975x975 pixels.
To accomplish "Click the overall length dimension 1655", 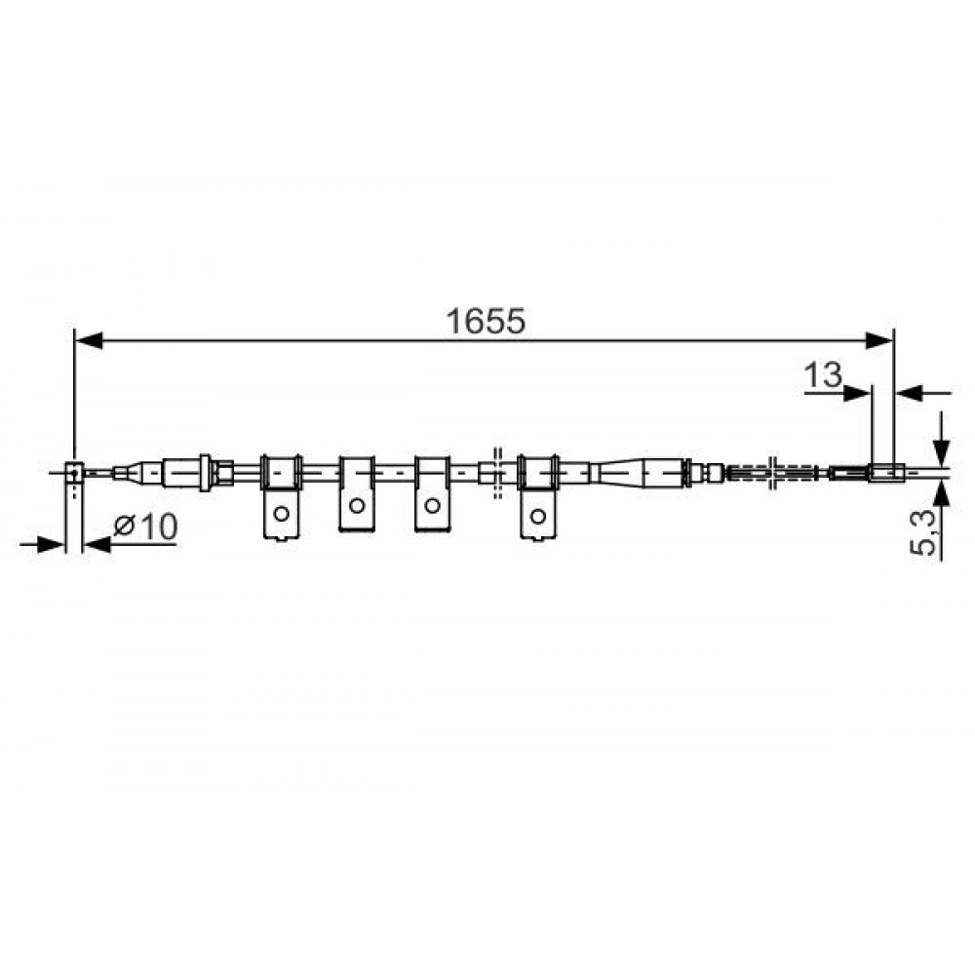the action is coord(486,321).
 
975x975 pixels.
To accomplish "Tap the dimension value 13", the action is coord(823,375).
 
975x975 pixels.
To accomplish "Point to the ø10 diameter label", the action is coord(145,526).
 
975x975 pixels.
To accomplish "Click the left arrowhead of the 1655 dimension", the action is coord(89,340).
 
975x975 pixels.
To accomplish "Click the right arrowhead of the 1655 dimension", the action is coord(879,340).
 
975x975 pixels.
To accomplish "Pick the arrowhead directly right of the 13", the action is coord(858,393).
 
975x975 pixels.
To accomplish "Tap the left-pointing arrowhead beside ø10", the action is coord(97,545).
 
